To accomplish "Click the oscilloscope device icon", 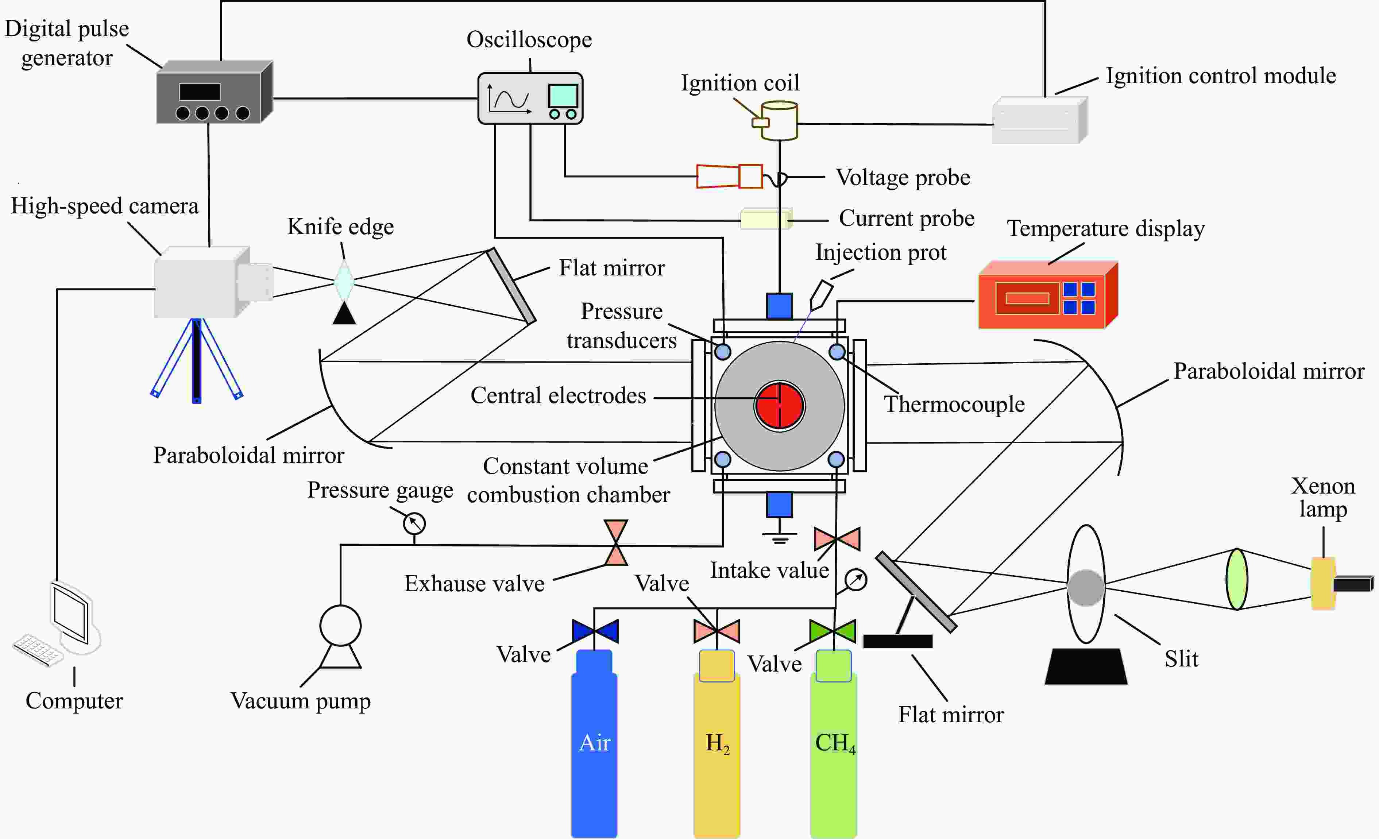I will click(x=530, y=98).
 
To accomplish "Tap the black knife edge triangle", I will click(x=344, y=313).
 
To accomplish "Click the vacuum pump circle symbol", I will click(x=340, y=625).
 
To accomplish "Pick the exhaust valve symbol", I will click(x=616, y=543).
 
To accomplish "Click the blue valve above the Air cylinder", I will click(x=595, y=631).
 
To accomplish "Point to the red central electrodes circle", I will click(x=780, y=405).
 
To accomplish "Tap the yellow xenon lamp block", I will click(x=1323, y=583).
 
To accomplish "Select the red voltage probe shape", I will click(x=729, y=176).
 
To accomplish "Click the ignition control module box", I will click(x=1040, y=121).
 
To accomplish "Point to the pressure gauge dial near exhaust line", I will click(x=414, y=524).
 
